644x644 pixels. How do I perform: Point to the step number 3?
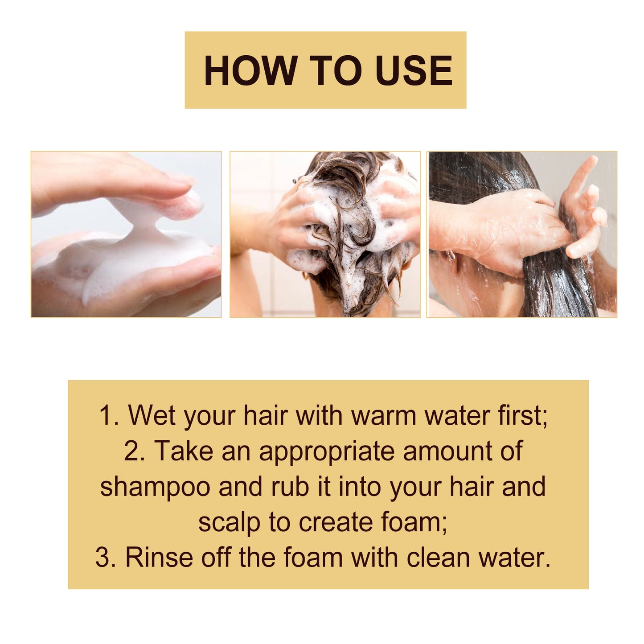[x=104, y=558]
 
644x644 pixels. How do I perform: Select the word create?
[x=335, y=522]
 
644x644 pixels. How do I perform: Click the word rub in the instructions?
[x=290, y=486]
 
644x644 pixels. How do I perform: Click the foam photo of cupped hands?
[x=126, y=234]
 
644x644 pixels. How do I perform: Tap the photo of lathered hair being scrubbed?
[x=325, y=234]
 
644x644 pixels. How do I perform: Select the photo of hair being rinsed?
[x=522, y=234]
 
